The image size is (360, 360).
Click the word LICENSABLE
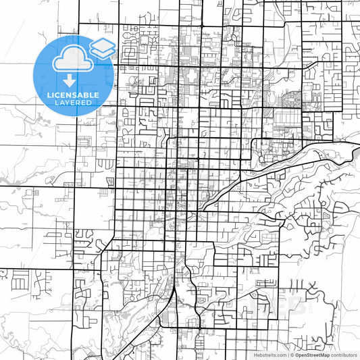(72, 95)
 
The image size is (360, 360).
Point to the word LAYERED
(72, 104)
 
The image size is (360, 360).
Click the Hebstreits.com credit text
(269, 354)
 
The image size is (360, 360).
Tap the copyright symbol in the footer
(292, 354)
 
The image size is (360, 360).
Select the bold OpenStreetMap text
(313, 354)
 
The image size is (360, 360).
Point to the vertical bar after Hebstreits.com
(287, 354)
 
